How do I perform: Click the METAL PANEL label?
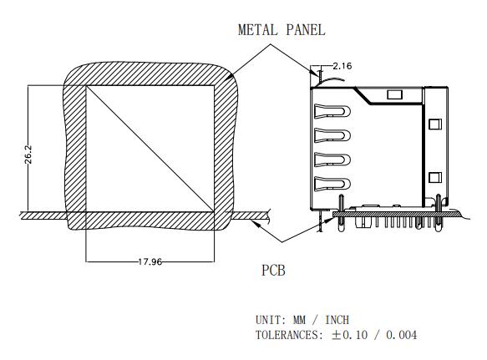point(282,30)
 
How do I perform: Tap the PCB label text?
point(273,271)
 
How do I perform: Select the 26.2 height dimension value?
point(28,155)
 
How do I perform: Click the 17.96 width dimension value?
point(150,261)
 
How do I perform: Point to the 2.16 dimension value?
point(342,66)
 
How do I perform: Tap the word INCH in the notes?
point(337,320)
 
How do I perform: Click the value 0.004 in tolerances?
point(401,335)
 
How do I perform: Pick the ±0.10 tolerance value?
point(349,335)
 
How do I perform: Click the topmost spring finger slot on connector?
point(332,111)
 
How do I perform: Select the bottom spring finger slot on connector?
point(332,183)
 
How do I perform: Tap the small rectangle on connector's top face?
point(395,94)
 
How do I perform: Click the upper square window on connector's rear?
point(435,124)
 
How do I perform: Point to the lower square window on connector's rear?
point(435,178)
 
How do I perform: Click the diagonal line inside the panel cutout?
point(150,149)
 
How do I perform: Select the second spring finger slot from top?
point(332,135)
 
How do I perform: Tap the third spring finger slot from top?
point(332,160)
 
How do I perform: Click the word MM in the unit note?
point(299,320)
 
